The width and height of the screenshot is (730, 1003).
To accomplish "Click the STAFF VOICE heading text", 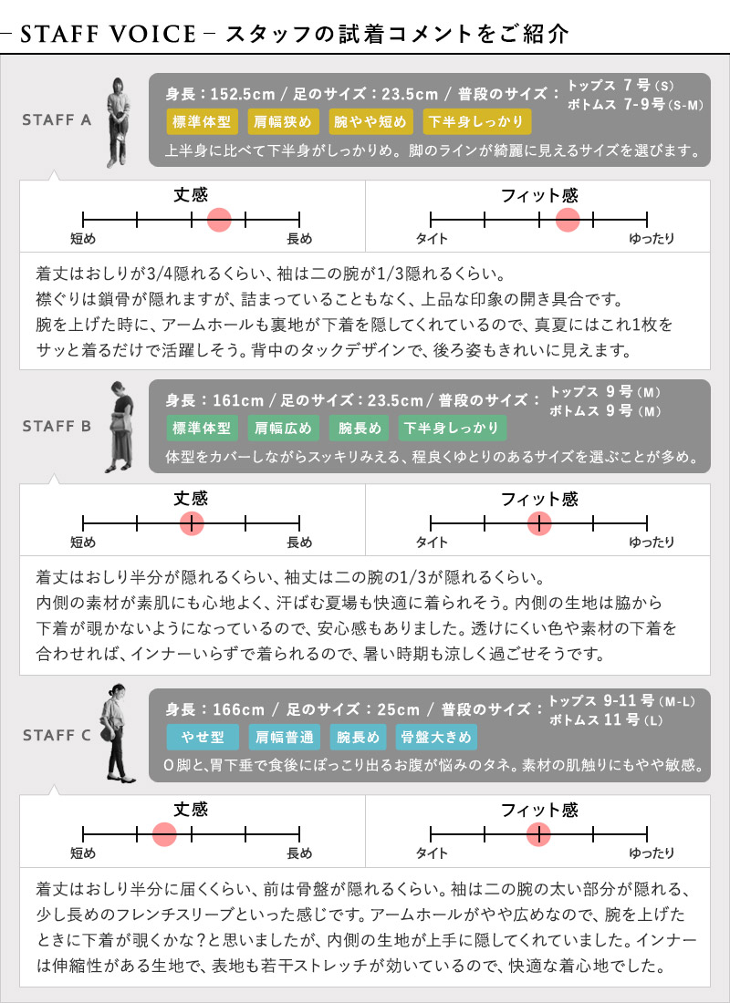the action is pyautogui.click(x=109, y=35).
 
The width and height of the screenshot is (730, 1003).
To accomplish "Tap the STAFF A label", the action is pyautogui.click(x=57, y=120).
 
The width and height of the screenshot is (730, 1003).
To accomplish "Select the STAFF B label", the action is pyautogui.click(x=57, y=426).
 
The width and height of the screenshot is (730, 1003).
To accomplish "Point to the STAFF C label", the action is pyautogui.click(x=57, y=736).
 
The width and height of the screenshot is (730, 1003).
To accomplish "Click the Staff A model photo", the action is pyautogui.click(x=119, y=122).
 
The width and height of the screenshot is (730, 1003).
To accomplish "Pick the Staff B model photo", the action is pyautogui.click(x=120, y=427).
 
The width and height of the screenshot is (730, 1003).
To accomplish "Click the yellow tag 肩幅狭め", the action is pyautogui.click(x=282, y=121).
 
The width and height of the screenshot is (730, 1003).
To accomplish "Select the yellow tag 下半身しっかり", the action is pyautogui.click(x=475, y=121).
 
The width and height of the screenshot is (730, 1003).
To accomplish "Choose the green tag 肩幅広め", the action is pyautogui.click(x=282, y=428).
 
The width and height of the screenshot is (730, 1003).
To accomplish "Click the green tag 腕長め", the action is pyautogui.click(x=359, y=428).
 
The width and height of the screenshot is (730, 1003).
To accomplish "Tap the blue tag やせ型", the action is pyautogui.click(x=203, y=737).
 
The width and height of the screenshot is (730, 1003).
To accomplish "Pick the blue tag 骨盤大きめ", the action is pyautogui.click(x=436, y=737).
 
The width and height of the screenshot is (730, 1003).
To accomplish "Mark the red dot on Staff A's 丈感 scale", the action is pyautogui.click(x=219, y=220).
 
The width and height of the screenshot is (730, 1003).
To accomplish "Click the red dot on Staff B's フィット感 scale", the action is pyautogui.click(x=539, y=523).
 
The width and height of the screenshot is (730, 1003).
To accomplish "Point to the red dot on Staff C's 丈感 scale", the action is pyautogui.click(x=164, y=834).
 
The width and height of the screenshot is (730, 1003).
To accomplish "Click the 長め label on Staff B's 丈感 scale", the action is pyautogui.click(x=299, y=543).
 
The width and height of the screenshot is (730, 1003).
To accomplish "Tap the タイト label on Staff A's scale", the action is pyautogui.click(x=432, y=239).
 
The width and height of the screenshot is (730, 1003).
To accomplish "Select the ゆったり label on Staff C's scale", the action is pyautogui.click(x=652, y=853).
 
